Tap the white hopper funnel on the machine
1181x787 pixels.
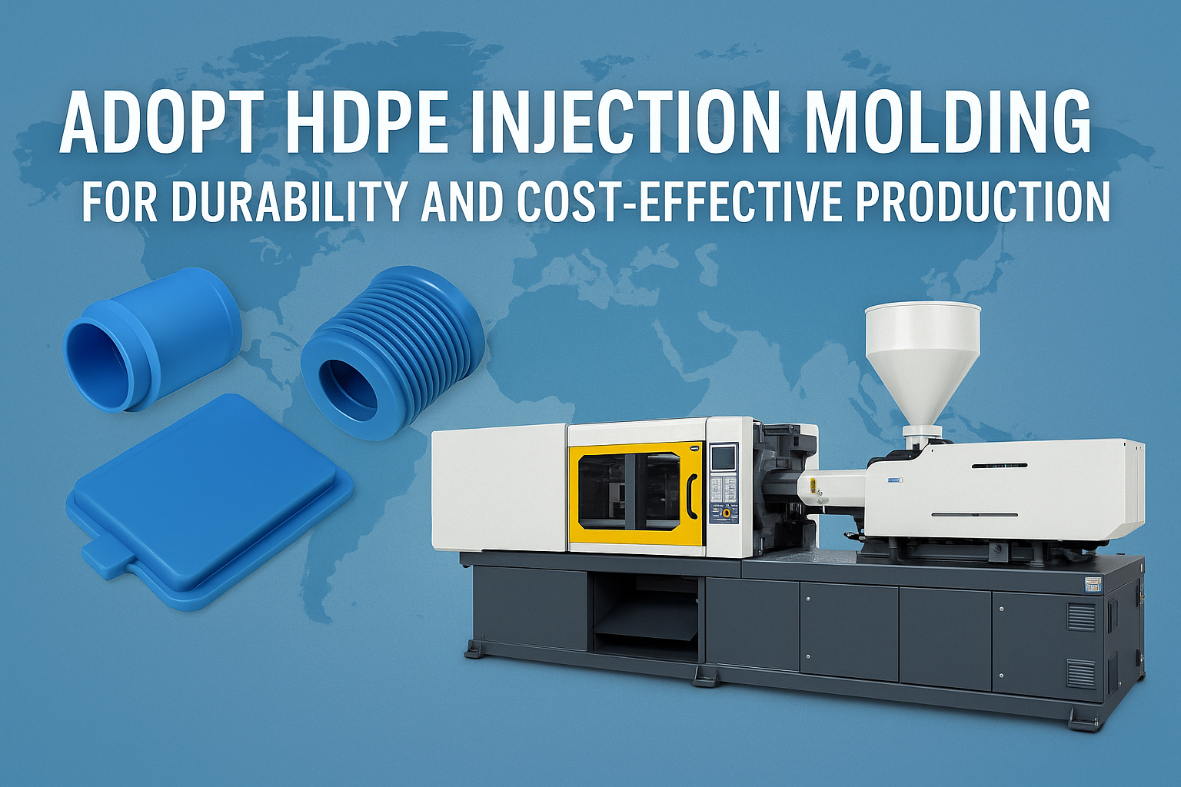[x=922, y=364]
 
